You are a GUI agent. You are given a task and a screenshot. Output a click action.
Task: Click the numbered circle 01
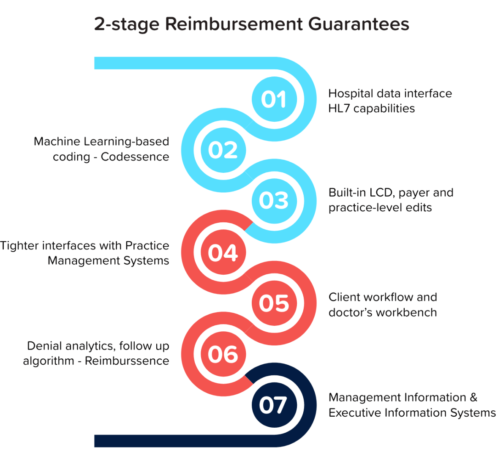274,99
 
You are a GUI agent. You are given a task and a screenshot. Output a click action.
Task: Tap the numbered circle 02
223,150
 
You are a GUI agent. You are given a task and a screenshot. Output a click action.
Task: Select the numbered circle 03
274,200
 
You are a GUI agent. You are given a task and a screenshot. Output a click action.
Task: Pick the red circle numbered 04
223,252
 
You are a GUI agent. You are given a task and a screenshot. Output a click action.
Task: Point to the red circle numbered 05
274,303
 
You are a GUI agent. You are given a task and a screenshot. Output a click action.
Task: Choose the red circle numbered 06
223,354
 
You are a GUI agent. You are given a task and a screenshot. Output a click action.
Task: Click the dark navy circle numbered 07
274,405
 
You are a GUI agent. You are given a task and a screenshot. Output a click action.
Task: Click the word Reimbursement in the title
234,24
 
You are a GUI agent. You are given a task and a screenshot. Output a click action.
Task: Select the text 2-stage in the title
126,25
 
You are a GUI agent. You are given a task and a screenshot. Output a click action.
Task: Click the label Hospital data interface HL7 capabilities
390,101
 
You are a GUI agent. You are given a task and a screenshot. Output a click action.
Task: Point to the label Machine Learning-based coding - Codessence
102,149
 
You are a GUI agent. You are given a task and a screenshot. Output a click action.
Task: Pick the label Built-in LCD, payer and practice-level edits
391,200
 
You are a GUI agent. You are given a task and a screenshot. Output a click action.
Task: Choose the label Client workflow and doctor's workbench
383,304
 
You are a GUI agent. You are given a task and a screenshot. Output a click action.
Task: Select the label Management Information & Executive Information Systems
412,405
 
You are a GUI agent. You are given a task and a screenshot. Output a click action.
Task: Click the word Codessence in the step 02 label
135,156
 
